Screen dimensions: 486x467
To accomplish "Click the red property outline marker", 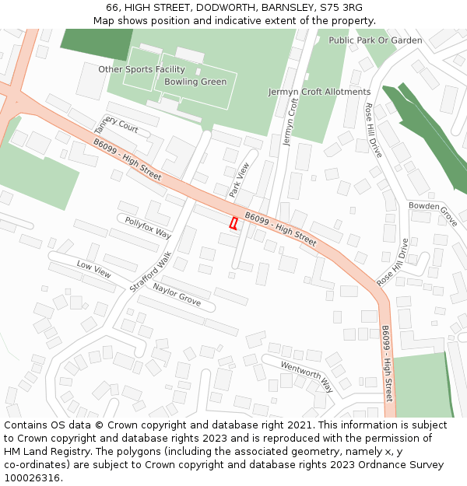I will click(233, 223).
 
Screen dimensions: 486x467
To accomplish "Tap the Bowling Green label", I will click(195, 82).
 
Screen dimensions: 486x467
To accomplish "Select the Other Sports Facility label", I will click(142, 69).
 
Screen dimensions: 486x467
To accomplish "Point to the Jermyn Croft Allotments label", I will click(319, 92).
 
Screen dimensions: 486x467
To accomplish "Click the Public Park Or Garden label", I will click(375, 40).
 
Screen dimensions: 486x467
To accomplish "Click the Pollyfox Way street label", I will click(148, 228).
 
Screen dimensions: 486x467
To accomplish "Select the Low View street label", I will click(93, 269).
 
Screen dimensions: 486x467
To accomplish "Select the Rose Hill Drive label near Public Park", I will click(374, 131).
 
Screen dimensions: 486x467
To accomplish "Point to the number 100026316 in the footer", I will click(32, 477).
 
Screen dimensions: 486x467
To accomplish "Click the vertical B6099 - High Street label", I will click(387, 363).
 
